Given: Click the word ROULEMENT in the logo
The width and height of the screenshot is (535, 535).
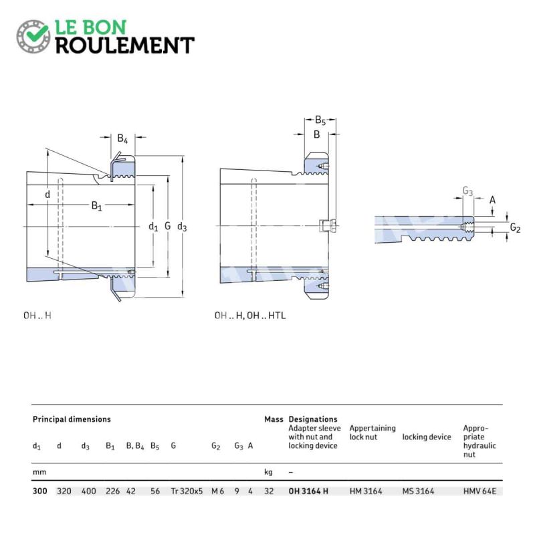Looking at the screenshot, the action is pos(125,45).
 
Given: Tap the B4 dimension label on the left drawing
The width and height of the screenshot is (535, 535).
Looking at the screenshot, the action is pos(122,138).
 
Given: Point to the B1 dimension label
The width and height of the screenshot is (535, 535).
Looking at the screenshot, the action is pos(96,206).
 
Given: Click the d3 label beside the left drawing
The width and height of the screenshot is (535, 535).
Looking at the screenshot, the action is pos(182,227).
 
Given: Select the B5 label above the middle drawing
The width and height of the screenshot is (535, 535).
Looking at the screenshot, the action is pos(320,120).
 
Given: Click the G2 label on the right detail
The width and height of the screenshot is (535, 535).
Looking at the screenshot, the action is pos(515,227).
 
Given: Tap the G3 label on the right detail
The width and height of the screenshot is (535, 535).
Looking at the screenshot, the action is pos(467,191).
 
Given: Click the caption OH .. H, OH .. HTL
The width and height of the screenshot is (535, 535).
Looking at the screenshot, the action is pos(250,315).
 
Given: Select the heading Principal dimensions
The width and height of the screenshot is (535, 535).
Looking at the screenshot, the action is pos(72,419).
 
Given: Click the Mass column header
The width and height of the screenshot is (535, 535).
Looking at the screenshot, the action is pos(274,419).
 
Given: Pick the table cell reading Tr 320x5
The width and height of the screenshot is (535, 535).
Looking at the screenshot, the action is pos(187,491).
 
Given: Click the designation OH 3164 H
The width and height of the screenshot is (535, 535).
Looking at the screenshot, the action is pos(308,491).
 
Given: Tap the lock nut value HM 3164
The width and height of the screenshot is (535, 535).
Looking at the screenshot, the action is pos(366,491).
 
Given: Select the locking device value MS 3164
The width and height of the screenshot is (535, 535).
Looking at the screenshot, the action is pos(419,491).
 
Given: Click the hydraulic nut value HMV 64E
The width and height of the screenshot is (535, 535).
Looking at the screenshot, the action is pos(479,491).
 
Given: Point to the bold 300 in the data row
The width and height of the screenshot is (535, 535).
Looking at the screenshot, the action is pos(39,491).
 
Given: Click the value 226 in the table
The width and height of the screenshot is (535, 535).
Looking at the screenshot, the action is pos(112,491).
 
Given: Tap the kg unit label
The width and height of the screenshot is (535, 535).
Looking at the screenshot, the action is pos(268,472).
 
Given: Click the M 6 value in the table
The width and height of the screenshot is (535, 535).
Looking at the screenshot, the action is pos(218,491).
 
